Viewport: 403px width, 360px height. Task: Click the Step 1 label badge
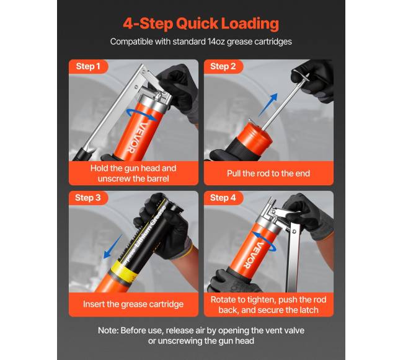coord(88,66)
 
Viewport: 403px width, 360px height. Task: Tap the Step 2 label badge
coord(223,66)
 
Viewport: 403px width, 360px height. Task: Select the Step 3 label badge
coord(88,198)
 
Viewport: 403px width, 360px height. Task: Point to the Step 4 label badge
coord(223,198)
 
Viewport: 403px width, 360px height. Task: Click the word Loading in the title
coord(250,24)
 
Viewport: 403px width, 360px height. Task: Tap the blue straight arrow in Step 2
coord(268,105)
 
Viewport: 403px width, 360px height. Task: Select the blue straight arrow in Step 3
coord(113,247)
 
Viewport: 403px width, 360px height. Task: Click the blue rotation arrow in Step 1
coord(142,115)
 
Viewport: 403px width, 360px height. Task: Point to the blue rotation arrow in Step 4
coord(264,240)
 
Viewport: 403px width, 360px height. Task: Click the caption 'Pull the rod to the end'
coord(268,173)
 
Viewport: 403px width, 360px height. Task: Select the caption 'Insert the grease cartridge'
coord(133,304)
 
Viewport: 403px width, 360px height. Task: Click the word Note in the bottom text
coord(108,330)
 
